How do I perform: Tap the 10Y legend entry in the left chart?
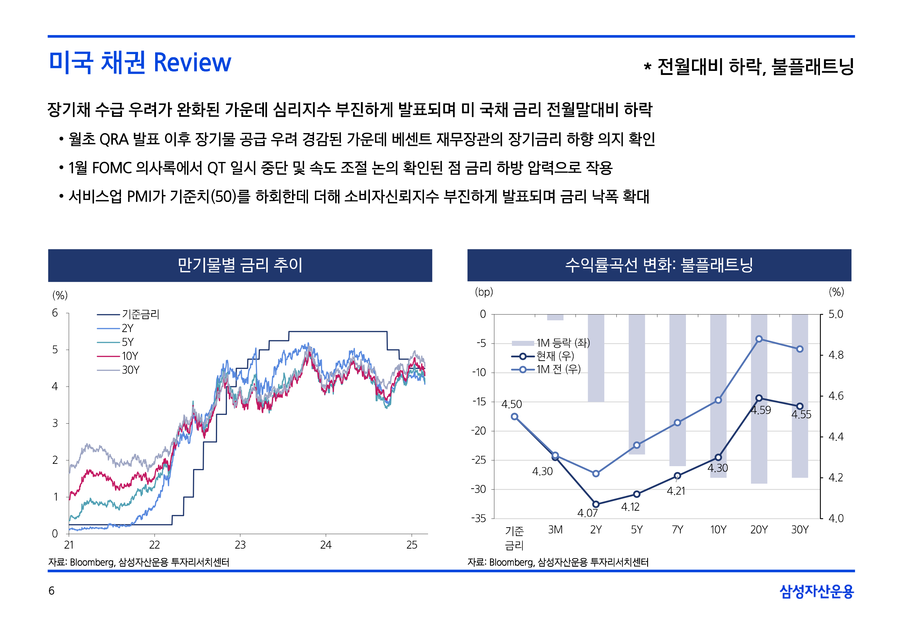(x=130, y=356)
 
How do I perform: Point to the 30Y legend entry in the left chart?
(x=131, y=370)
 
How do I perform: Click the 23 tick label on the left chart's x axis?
(x=240, y=545)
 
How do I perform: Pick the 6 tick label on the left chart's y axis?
(x=55, y=313)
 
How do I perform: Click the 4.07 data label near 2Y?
(x=587, y=513)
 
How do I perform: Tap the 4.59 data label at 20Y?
(x=761, y=410)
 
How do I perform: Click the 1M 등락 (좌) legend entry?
(x=562, y=343)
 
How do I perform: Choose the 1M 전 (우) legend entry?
(x=558, y=369)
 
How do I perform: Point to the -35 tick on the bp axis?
(x=478, y=519)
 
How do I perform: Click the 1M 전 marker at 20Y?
(x=759, y=339)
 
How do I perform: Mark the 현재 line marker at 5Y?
(x=637, y=494)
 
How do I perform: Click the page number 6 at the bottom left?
(x=51, y=591)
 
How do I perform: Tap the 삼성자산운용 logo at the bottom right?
(x=816, y=591)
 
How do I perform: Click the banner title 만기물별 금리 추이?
(x=240, y=265)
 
